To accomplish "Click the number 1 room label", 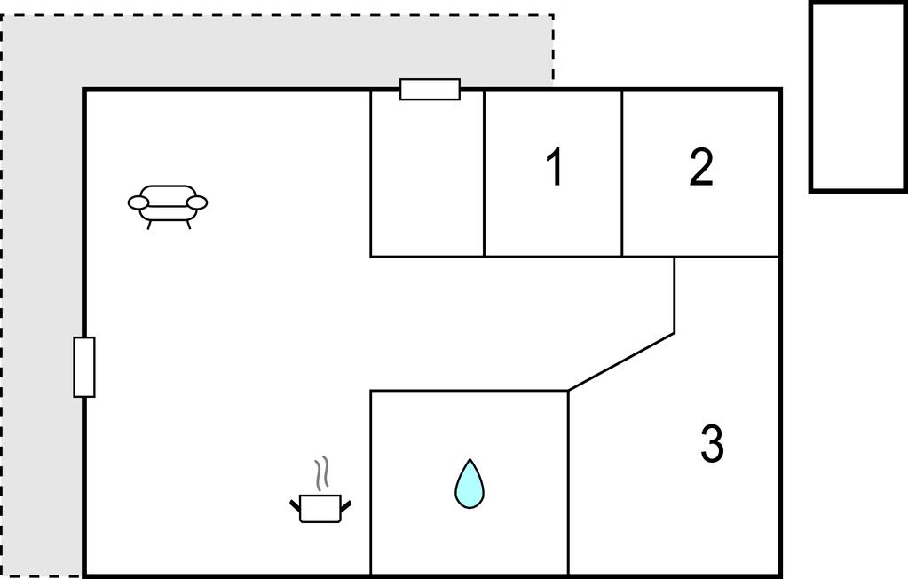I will [555, 168].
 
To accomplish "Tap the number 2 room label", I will [701, 168].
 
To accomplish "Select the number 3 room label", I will [712, 444].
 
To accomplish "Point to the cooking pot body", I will [320, 509].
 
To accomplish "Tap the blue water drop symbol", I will [469, 484].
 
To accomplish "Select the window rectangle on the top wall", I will [430, 90].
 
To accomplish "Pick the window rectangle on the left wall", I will [84, 367].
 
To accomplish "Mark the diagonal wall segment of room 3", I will [621, 361].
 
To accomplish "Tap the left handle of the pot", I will [296, 506].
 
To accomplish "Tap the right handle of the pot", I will [346, 506].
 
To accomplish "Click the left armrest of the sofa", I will [138, 203].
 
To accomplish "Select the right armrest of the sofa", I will [197, 203].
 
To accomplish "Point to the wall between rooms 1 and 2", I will [622, 173].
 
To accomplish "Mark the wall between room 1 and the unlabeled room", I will [484, 173].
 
